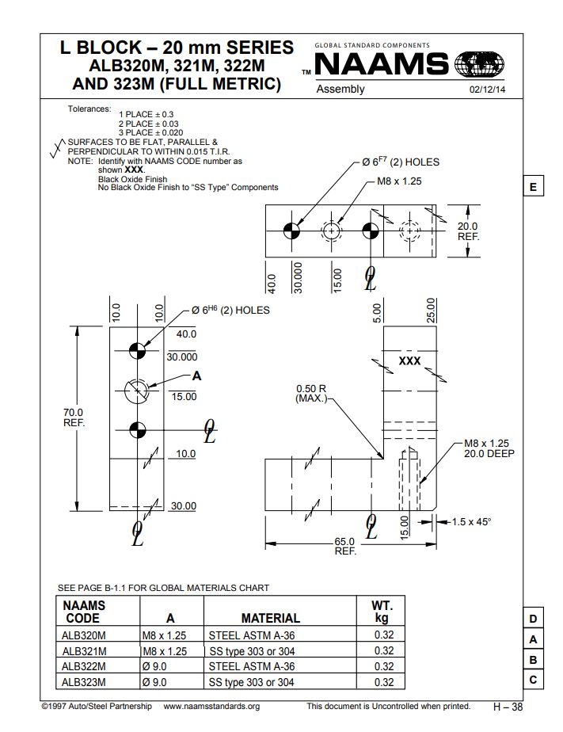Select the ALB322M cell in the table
[x=84, y=666]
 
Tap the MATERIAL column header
[x=270, y=618]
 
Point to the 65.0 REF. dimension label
[x=345, y=546]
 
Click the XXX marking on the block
[x=409, y=360]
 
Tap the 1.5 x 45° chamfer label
[x=471, y=522]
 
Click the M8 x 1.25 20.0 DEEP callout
[x=487, y=448]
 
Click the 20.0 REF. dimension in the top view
[x=468, y=231]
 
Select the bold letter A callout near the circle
[x=196, y=376]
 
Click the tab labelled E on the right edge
[x=533, y=187]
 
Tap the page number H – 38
[x=508, y=706]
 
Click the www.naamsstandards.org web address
[x=211, y=706]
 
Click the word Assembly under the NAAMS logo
[x=340, y=90]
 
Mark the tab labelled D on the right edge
[x=533, y=619]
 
